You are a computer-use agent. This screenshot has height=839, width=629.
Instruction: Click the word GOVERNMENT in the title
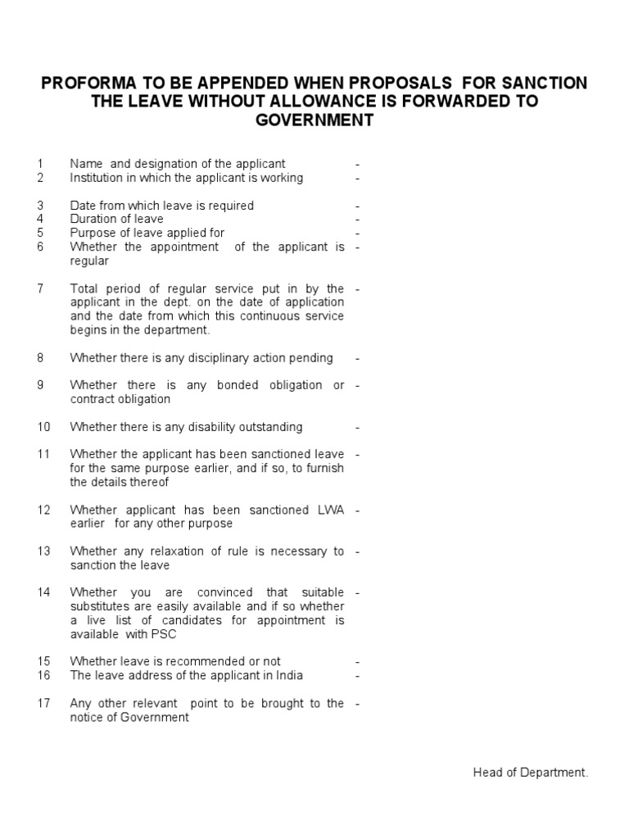click(x=315, y=120)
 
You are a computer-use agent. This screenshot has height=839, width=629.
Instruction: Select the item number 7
click(x=40, y=289)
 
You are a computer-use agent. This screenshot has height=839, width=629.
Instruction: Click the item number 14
click(x=43, y=592)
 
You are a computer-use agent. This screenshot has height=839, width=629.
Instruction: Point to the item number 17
click(x=43, y=703)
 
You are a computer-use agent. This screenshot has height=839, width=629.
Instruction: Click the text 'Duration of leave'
click(x=116, y=219)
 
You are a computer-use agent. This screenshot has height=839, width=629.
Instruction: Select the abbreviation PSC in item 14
click(x=164, y=634)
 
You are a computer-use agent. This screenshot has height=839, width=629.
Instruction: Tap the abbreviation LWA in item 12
click(x=329, y=510)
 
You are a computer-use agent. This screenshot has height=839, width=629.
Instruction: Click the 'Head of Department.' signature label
click(x=531, y=773)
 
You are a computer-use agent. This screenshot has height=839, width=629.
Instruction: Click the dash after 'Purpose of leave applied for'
click(x=358, y=234)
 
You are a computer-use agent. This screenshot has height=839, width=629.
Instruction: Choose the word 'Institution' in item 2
click(x=96, y=178)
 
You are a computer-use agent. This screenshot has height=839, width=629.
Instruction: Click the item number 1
click(x=40, y=164)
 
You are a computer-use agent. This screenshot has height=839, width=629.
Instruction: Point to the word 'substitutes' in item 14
click(x=99, y=606)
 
